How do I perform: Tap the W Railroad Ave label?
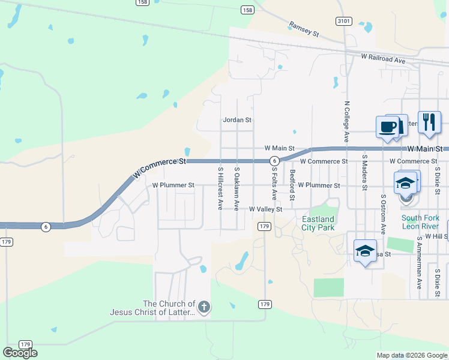pyautogui.click(x=384, y=58)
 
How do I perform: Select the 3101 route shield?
pyautogui.click(x=344, y=21)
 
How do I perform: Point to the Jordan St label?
pyautogui.click(x=237, y=120)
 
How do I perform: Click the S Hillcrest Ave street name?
pyautogui.click(x=220, y=188)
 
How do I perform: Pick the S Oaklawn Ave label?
pyautogui.click(x=237, y=188)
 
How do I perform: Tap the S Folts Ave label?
pyautogui.click(x=274, y=183)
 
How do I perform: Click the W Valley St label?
pyautogui.click(x=265, y=209)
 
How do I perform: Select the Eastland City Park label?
pyautogui.click(x=318, y=224)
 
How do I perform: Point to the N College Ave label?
pyautogui.click(x=347, y=121)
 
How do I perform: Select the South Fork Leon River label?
pyautogui.click(x=421, y=222)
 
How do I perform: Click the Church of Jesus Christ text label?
pyautogui.click(x=152, y=308)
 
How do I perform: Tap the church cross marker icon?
pyautogui.click(x=204, y=308)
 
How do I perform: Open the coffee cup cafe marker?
pyautogui.click(x=387, y=127)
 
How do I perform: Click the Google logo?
pyautogui.click(x=20, y=353)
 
